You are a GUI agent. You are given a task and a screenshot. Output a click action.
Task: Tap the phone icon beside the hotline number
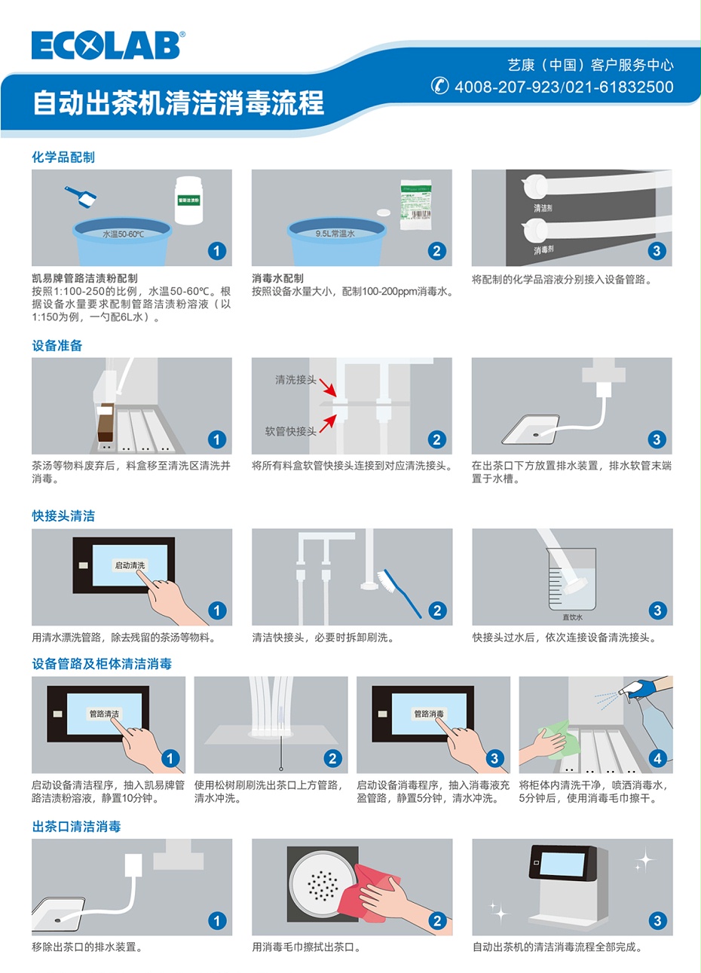point(440,86)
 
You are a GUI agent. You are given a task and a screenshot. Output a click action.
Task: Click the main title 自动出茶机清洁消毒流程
point(178,103)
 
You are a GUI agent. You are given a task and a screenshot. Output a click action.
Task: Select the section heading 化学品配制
point(63,157)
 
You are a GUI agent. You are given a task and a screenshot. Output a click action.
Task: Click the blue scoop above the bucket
point(81,197)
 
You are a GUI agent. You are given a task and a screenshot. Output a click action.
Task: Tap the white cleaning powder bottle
point(188,200)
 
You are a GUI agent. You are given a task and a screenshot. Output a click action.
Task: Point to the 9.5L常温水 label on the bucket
point(335,234)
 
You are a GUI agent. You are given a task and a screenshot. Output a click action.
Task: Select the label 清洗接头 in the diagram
point(295,380)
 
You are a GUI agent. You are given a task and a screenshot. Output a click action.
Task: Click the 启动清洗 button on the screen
point(130,565)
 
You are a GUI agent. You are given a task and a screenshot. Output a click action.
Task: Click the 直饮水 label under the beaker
point(573,617)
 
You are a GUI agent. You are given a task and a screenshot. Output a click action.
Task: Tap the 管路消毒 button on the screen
point(429,713)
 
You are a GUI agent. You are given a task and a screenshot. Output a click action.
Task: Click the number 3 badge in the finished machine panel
point(657,920)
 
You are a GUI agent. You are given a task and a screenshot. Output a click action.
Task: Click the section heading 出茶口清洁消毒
point(76,826)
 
